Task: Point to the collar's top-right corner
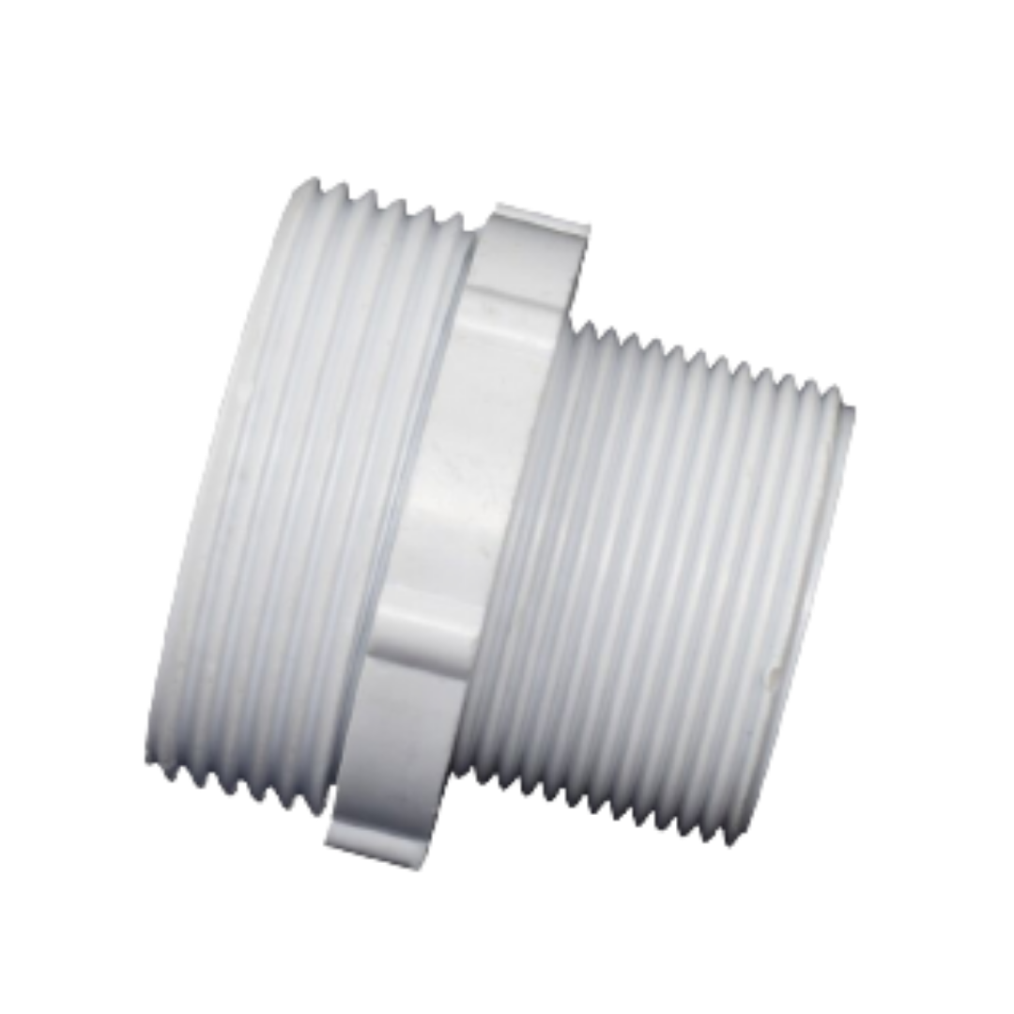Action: pyautogui.click(x=591, y=225)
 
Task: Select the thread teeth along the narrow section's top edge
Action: pyautogui.click(x=714, y=361)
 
